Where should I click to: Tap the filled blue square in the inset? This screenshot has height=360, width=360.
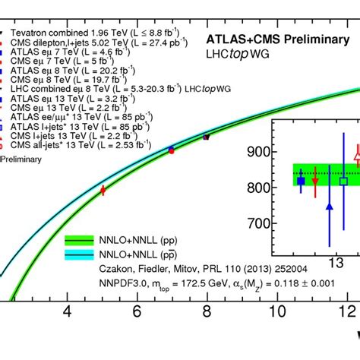tap(301, 181)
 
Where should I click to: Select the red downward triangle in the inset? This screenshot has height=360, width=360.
tap(315, 182)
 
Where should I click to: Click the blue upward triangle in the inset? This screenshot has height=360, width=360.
tap(330, 205)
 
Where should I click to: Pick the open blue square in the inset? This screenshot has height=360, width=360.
tap(343, 181)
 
